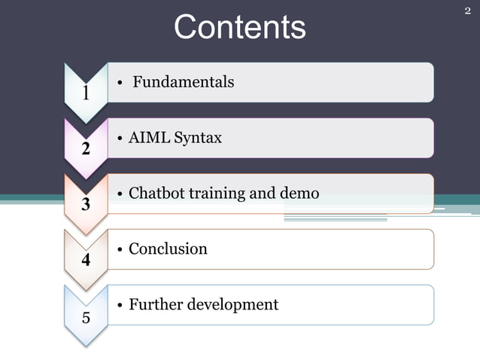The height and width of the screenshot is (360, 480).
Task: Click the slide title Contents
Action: coord(240,27)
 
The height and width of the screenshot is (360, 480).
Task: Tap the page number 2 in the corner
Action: coord(467,11)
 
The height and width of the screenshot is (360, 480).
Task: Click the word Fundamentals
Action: coord(183,82)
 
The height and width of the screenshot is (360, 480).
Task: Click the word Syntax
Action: coord(198,138)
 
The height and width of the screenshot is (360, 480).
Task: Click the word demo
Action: coord(299,194)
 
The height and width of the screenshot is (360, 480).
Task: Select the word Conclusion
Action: coord(168,249)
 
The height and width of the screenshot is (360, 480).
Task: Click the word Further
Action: coord(155,305)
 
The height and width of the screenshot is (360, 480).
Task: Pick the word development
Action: coord(232,305)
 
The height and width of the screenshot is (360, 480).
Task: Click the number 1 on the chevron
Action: coord(86,93)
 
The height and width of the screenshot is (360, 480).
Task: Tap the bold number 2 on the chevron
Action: coord(86,149)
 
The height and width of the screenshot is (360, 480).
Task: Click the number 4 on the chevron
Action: coord(86,261)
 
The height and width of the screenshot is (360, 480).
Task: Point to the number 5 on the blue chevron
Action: coord(86,317)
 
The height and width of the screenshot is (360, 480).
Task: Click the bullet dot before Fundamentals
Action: coord(120,83)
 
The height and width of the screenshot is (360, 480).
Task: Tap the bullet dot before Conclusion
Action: coord(120,250)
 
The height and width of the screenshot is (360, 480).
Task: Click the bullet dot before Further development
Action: coord(120,306)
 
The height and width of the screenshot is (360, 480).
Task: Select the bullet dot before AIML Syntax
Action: coord(120,139)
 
